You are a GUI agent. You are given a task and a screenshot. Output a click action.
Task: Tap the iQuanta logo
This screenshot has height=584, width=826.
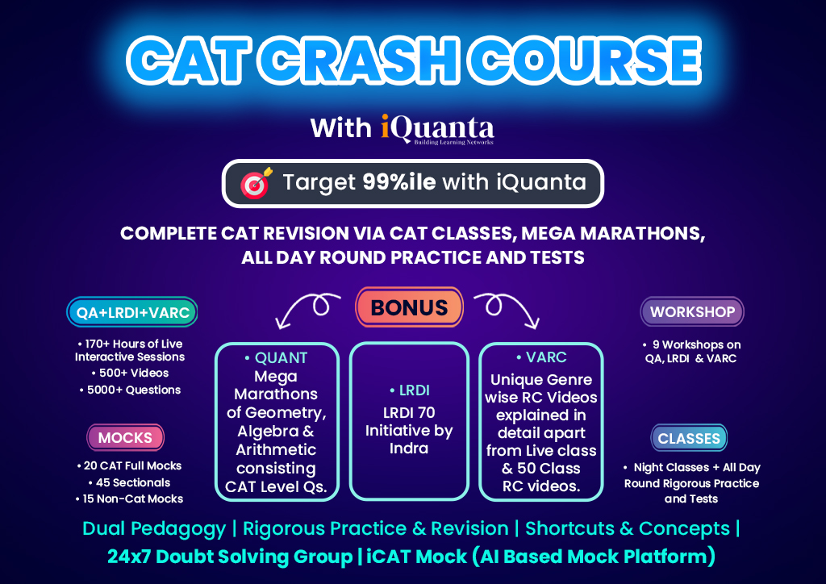pos(437,128)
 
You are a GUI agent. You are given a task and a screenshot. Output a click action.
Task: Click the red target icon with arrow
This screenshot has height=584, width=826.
pos(256,184)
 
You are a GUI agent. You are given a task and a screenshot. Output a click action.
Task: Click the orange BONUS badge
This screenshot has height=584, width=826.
pos(409,307)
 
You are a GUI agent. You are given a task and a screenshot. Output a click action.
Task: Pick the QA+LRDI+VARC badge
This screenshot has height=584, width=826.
pos(131,312)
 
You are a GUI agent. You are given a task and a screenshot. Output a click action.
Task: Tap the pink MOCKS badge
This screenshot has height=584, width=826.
pos(125,438)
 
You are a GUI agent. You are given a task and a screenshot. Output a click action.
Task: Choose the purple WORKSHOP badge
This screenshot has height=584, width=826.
pos(692,311)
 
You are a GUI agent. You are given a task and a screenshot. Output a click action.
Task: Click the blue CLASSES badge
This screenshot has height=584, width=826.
pos(689,439)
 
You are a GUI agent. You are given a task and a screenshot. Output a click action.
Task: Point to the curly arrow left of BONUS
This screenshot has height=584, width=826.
pos(310,311)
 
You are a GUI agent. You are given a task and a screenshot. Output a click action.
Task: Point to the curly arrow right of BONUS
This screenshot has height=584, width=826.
pos(508,311)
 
